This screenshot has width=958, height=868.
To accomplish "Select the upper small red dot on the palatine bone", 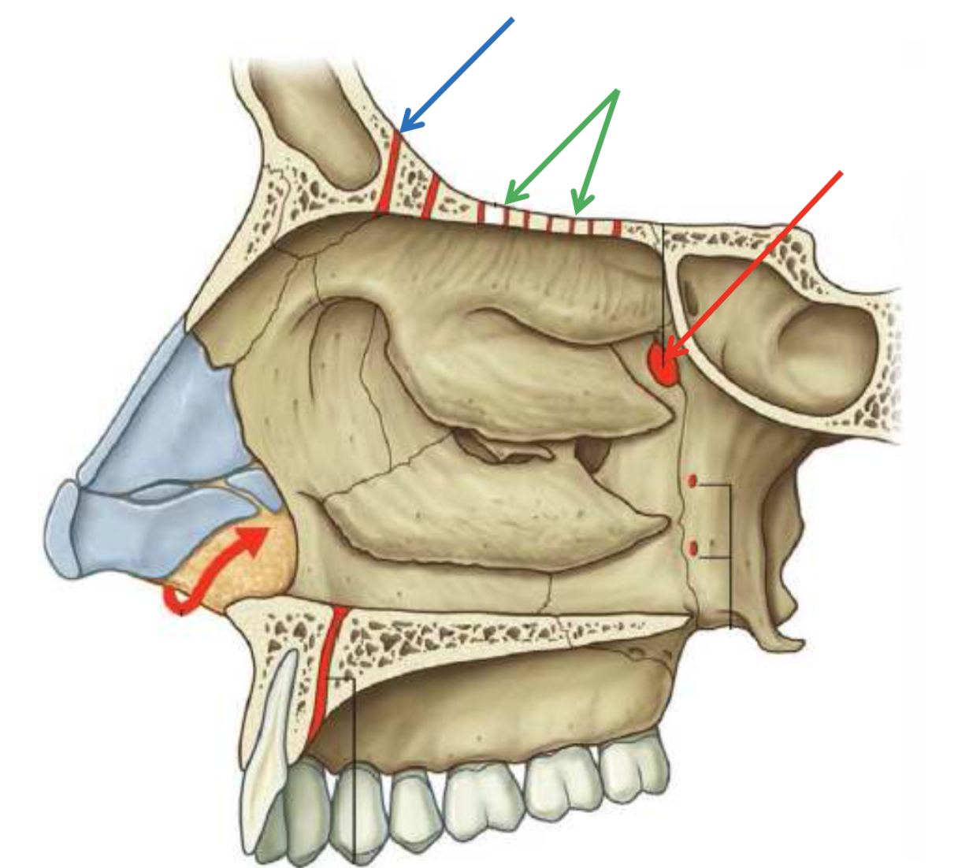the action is [692, 481].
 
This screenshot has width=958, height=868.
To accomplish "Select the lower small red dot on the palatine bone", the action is [693, 548].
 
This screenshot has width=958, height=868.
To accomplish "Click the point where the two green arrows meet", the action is [616, 91].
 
